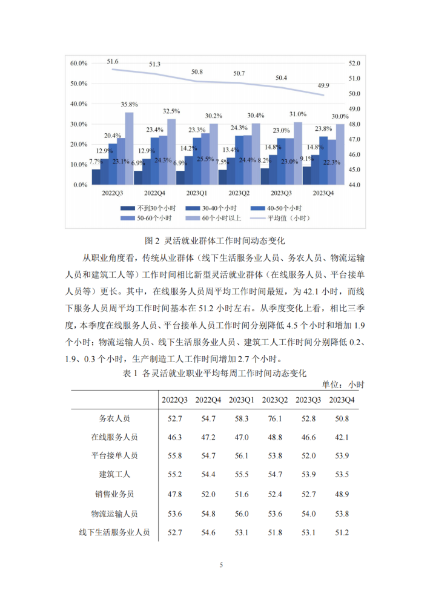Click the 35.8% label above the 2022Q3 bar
point(128,104)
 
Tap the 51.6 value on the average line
point(113,62)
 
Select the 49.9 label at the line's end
point(323,85)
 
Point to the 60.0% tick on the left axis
point(79,63)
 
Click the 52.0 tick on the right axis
point(354,63)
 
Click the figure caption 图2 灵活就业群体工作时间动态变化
point(215,240)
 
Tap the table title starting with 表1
point(215,372)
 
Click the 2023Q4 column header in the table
point(342,400)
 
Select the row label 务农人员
point(114,418)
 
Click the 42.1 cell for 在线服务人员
point(342,437)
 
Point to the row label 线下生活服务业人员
point(114,532)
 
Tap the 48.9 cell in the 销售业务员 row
point(342,494)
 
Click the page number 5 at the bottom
point(221,565)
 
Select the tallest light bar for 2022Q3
point(129,148)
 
